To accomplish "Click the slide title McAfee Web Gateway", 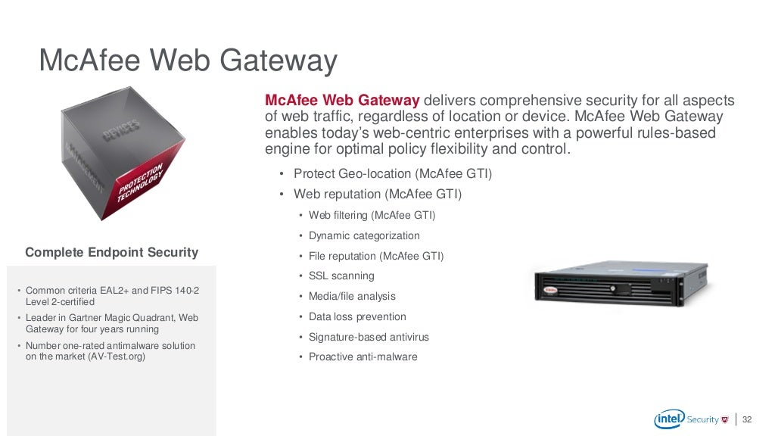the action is (x=188, y=61).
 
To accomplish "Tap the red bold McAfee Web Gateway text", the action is (x=342, y=101).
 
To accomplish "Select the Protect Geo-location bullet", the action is (x=393, y=174).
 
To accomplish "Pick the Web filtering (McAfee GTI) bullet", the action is (x=372, y=216).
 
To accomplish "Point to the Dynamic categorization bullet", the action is (x=364, y=235).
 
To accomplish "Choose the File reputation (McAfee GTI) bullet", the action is (x=376, y=256).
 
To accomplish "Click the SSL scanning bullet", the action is (x=341, y=276).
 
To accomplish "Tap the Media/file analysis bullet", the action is (x=352, y=297).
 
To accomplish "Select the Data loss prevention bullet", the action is (x=357, y=316).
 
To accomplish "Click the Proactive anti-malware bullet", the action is (x=363, y=357).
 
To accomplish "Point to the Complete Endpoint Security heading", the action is (x=111, y=253).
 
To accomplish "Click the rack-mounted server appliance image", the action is (x=620, y=284).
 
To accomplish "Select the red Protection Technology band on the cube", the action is (x=139, y=182).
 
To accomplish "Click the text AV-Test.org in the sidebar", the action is (x=119, y=357).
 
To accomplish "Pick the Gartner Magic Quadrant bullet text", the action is (x=112, y=324).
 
